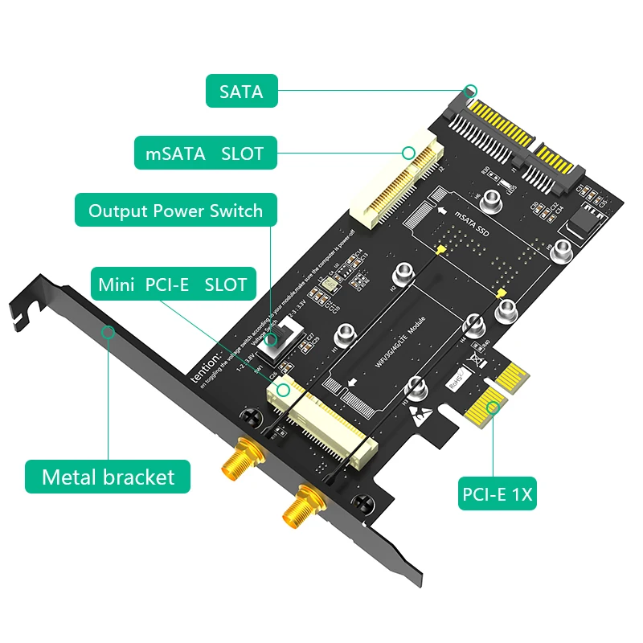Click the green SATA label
[x=241, y=91]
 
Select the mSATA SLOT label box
[x=204, y=153]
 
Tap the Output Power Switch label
[x=175, y=211]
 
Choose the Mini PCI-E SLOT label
[x=172, y=285]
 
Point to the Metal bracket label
[x=108, y=477]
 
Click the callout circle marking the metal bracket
[x=107, y=331]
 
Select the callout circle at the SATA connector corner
[x=472, y=91]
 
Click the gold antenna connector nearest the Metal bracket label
[x=237, y=462]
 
